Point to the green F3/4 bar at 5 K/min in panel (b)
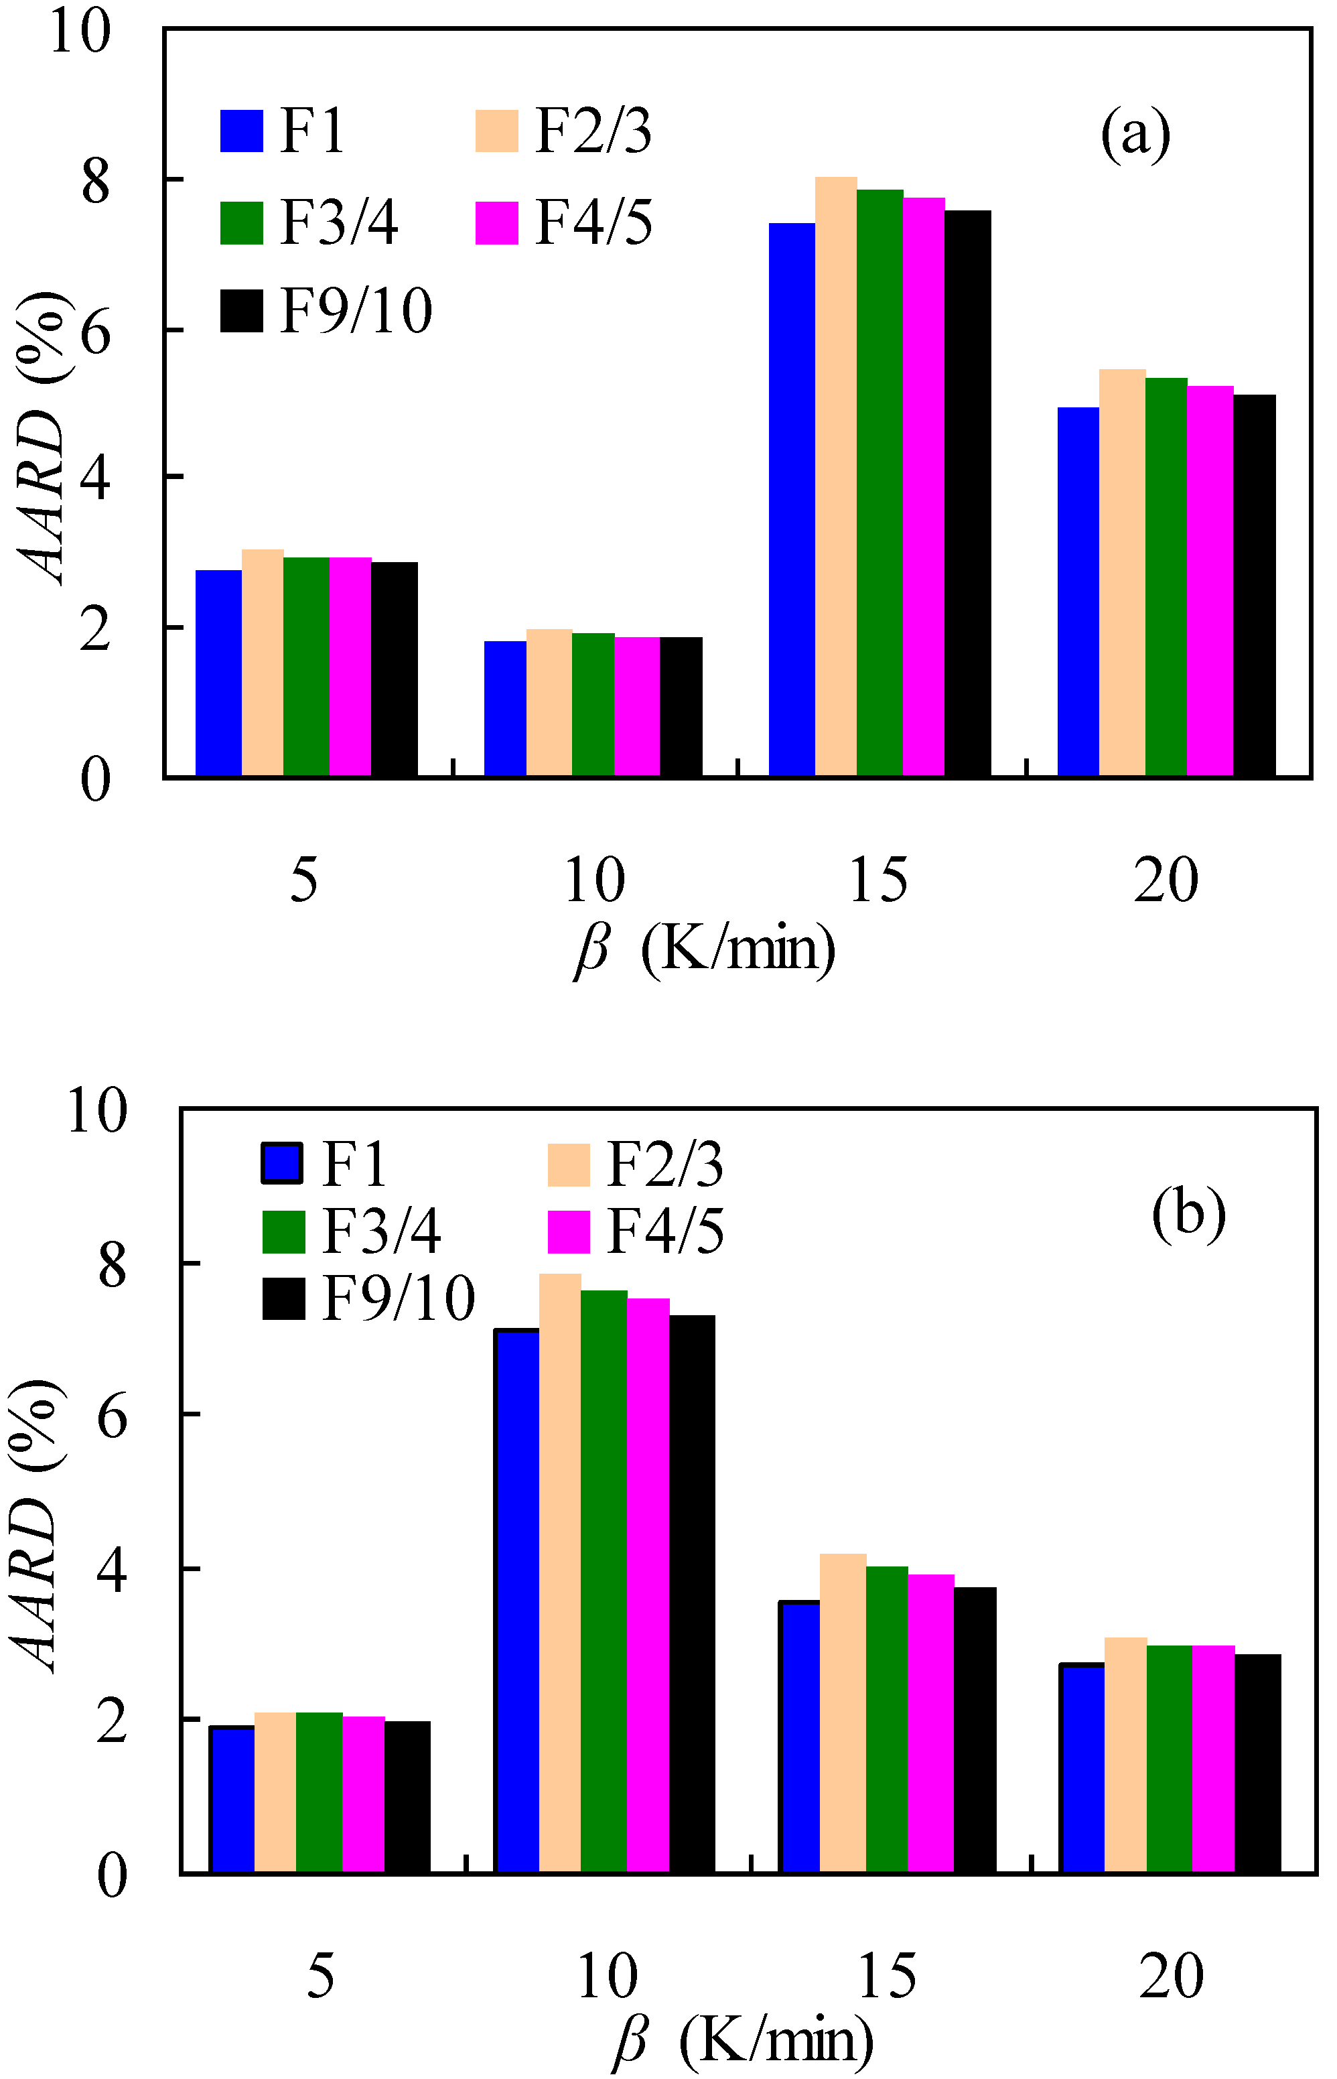pyautogui.click(x=319, y=1798)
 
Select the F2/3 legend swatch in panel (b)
pyautogui.click(x=569, y=1164)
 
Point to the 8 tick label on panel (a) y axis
pyautogui.click(x=96, y=182)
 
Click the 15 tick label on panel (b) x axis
pyautogui.click(x=886, y=1976)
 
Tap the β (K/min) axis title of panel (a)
pyautogui.click(x=703, y=949)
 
